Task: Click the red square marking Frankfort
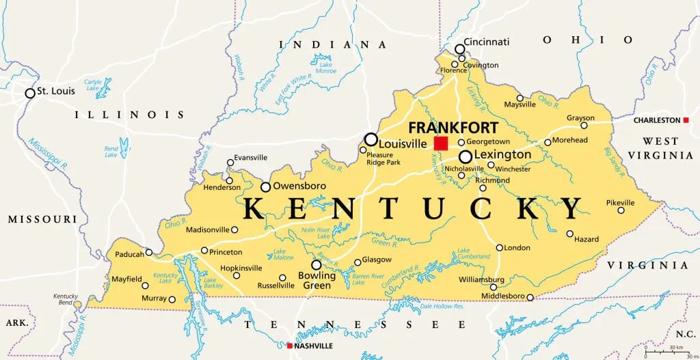click(441, 143)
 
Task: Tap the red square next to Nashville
click(290, 346)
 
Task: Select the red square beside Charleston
click(686, 120)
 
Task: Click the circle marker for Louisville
click(371, 139)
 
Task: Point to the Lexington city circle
click(466, 156)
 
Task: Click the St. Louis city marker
click(30, 93)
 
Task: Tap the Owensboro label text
click(299, 186)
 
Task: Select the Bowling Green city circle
click(317, 265)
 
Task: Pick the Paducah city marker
click(149, 252)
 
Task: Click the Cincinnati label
click(487, 42)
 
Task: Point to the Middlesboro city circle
click(530, 297)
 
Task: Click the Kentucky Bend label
click(66, 299)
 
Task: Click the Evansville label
click(250, 158)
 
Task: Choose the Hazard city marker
click(569, 234)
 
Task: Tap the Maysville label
click(520, 105)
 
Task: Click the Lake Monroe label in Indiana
click(327, 68)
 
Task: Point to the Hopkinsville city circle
click(237, 275)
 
